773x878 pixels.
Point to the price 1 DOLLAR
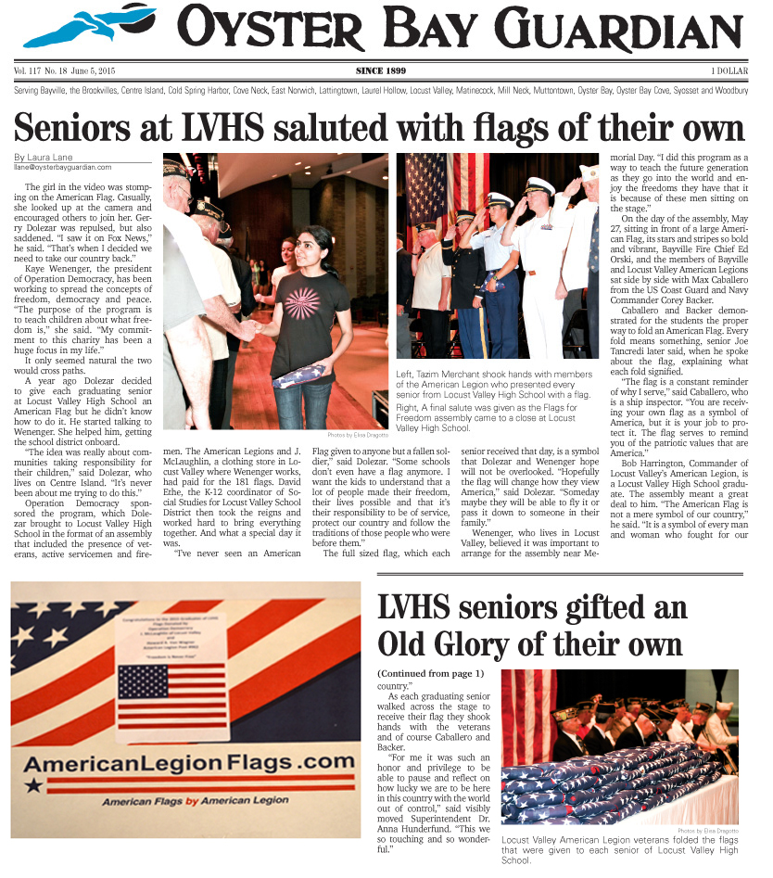[x=729, y=70]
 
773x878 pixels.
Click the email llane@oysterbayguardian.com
[x=63, y=167]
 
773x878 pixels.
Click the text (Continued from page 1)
[x=430, y=672]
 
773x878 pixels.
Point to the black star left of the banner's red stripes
[x=34, y=786]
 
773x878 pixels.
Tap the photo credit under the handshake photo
[x=357, y=435]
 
